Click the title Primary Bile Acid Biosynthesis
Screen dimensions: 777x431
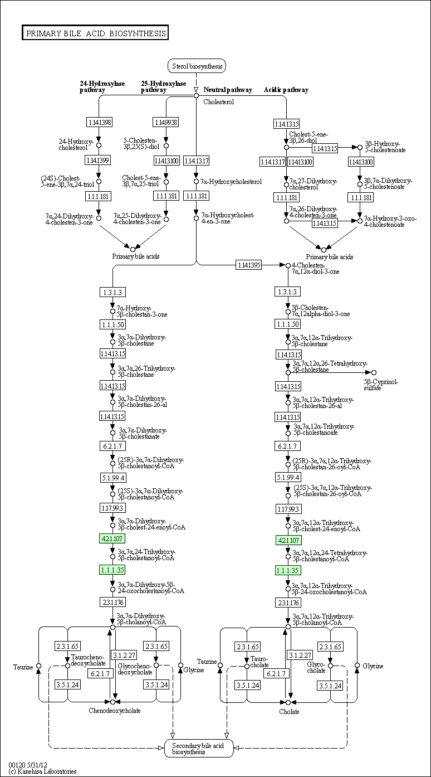click(95, 33)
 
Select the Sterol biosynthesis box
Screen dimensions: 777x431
click(197, 66)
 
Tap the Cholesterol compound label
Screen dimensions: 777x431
click(218, 102)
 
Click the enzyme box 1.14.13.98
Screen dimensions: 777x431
click(99, 122)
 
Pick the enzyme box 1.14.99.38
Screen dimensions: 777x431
click(166, 122)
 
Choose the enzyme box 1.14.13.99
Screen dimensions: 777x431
click(99, 160)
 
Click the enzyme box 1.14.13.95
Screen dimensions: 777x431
click(248, 265)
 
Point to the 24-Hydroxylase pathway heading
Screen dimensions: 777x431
click(102, 86)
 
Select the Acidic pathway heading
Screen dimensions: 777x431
click(286, 90)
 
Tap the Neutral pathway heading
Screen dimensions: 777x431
click(228, 90)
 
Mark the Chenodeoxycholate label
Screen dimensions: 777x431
click(115, 710)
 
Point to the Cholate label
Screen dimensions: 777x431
click(289, 711)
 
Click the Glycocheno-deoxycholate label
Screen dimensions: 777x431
click(135, 669)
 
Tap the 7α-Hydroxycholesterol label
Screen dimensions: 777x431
click(231, 182)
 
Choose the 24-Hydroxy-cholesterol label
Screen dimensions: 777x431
click(76, 145)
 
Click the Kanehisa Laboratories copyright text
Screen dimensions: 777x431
click(42, 771)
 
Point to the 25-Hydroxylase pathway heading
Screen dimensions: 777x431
click(163, 86)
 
